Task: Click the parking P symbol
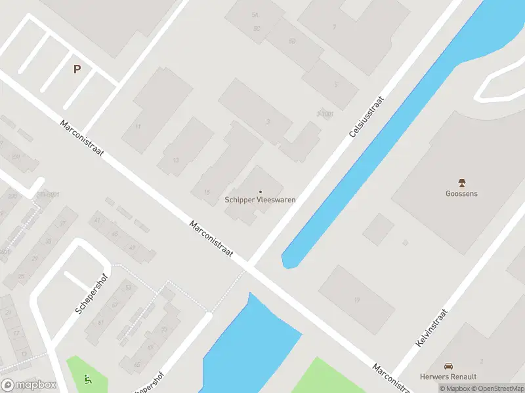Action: point(77,69)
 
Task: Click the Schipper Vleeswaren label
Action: point(260,200)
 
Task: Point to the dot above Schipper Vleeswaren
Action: point(260,191)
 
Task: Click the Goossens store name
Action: point(461,193)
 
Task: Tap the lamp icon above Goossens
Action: point(461,183)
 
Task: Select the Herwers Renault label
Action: point(448,377)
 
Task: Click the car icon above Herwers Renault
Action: point(448,366)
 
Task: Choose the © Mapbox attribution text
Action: point(454,388)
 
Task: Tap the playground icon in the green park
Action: point(88,378)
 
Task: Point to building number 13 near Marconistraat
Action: point(176,160)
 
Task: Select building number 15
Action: point(207,192)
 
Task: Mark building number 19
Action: point(357,300)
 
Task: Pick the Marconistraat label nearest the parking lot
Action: point(82,138)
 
